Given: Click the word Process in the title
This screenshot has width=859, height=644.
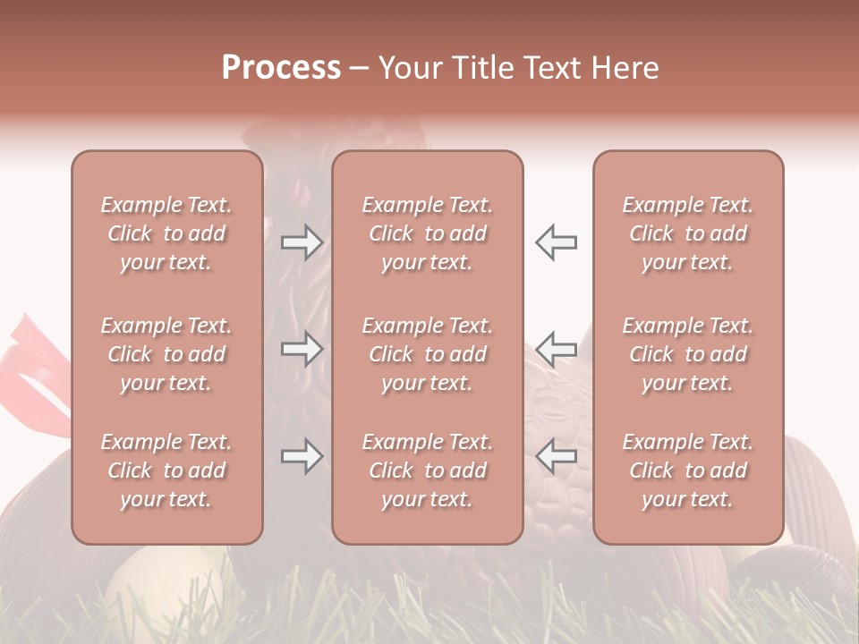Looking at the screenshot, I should point(281,68).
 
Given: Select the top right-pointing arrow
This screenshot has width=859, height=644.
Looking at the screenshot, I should point(302,242).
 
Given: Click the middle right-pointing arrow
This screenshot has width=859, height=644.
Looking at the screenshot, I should point(302,349).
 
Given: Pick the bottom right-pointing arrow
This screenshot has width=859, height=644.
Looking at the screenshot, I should point(302,457).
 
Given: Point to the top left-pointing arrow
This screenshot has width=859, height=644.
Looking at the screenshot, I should point(556,242).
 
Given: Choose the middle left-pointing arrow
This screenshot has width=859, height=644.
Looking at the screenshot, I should point(556,349).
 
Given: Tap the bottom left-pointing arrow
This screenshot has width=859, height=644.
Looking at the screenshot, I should point(556,457).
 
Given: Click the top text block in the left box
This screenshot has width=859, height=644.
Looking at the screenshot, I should point(166,233).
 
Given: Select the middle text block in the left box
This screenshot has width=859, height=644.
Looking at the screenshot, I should point(166,354).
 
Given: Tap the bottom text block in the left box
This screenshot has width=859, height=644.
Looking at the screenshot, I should point(166,470).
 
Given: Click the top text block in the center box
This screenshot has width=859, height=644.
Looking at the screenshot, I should point(427,233).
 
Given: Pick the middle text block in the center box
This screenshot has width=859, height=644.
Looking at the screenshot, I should point(427,354).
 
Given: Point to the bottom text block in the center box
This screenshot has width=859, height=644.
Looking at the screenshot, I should point(427,470).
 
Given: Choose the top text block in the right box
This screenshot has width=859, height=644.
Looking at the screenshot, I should point(687,233).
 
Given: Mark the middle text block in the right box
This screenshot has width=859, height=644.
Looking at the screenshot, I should point(687,354).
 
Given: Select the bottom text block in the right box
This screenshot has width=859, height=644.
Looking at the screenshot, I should point(687,470).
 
